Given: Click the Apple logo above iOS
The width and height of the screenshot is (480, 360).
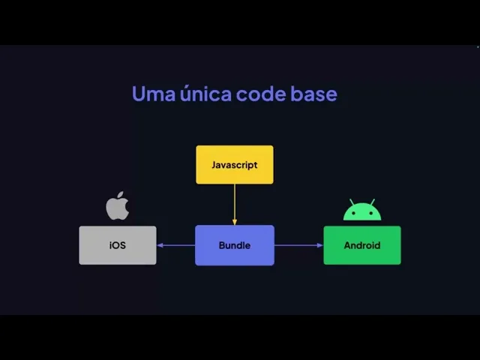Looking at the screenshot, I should (x=118, y=205).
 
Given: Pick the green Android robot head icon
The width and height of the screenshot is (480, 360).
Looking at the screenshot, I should (x=362, y=211).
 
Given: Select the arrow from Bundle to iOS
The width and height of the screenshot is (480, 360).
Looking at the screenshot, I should (x=177, y=245).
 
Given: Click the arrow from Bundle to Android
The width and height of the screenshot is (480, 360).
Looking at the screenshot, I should (x=298, y=245).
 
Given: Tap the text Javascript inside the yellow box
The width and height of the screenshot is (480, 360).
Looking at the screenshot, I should (x=235, y=165).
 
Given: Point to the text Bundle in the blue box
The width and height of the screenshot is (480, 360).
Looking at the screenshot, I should (x=235, y=245).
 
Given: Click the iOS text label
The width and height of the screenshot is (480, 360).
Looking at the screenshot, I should (x=118, y=245).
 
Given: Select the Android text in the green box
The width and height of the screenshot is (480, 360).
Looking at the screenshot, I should (x=362, y=245).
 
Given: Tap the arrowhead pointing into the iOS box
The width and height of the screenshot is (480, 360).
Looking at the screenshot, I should (x=160, y=245).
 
